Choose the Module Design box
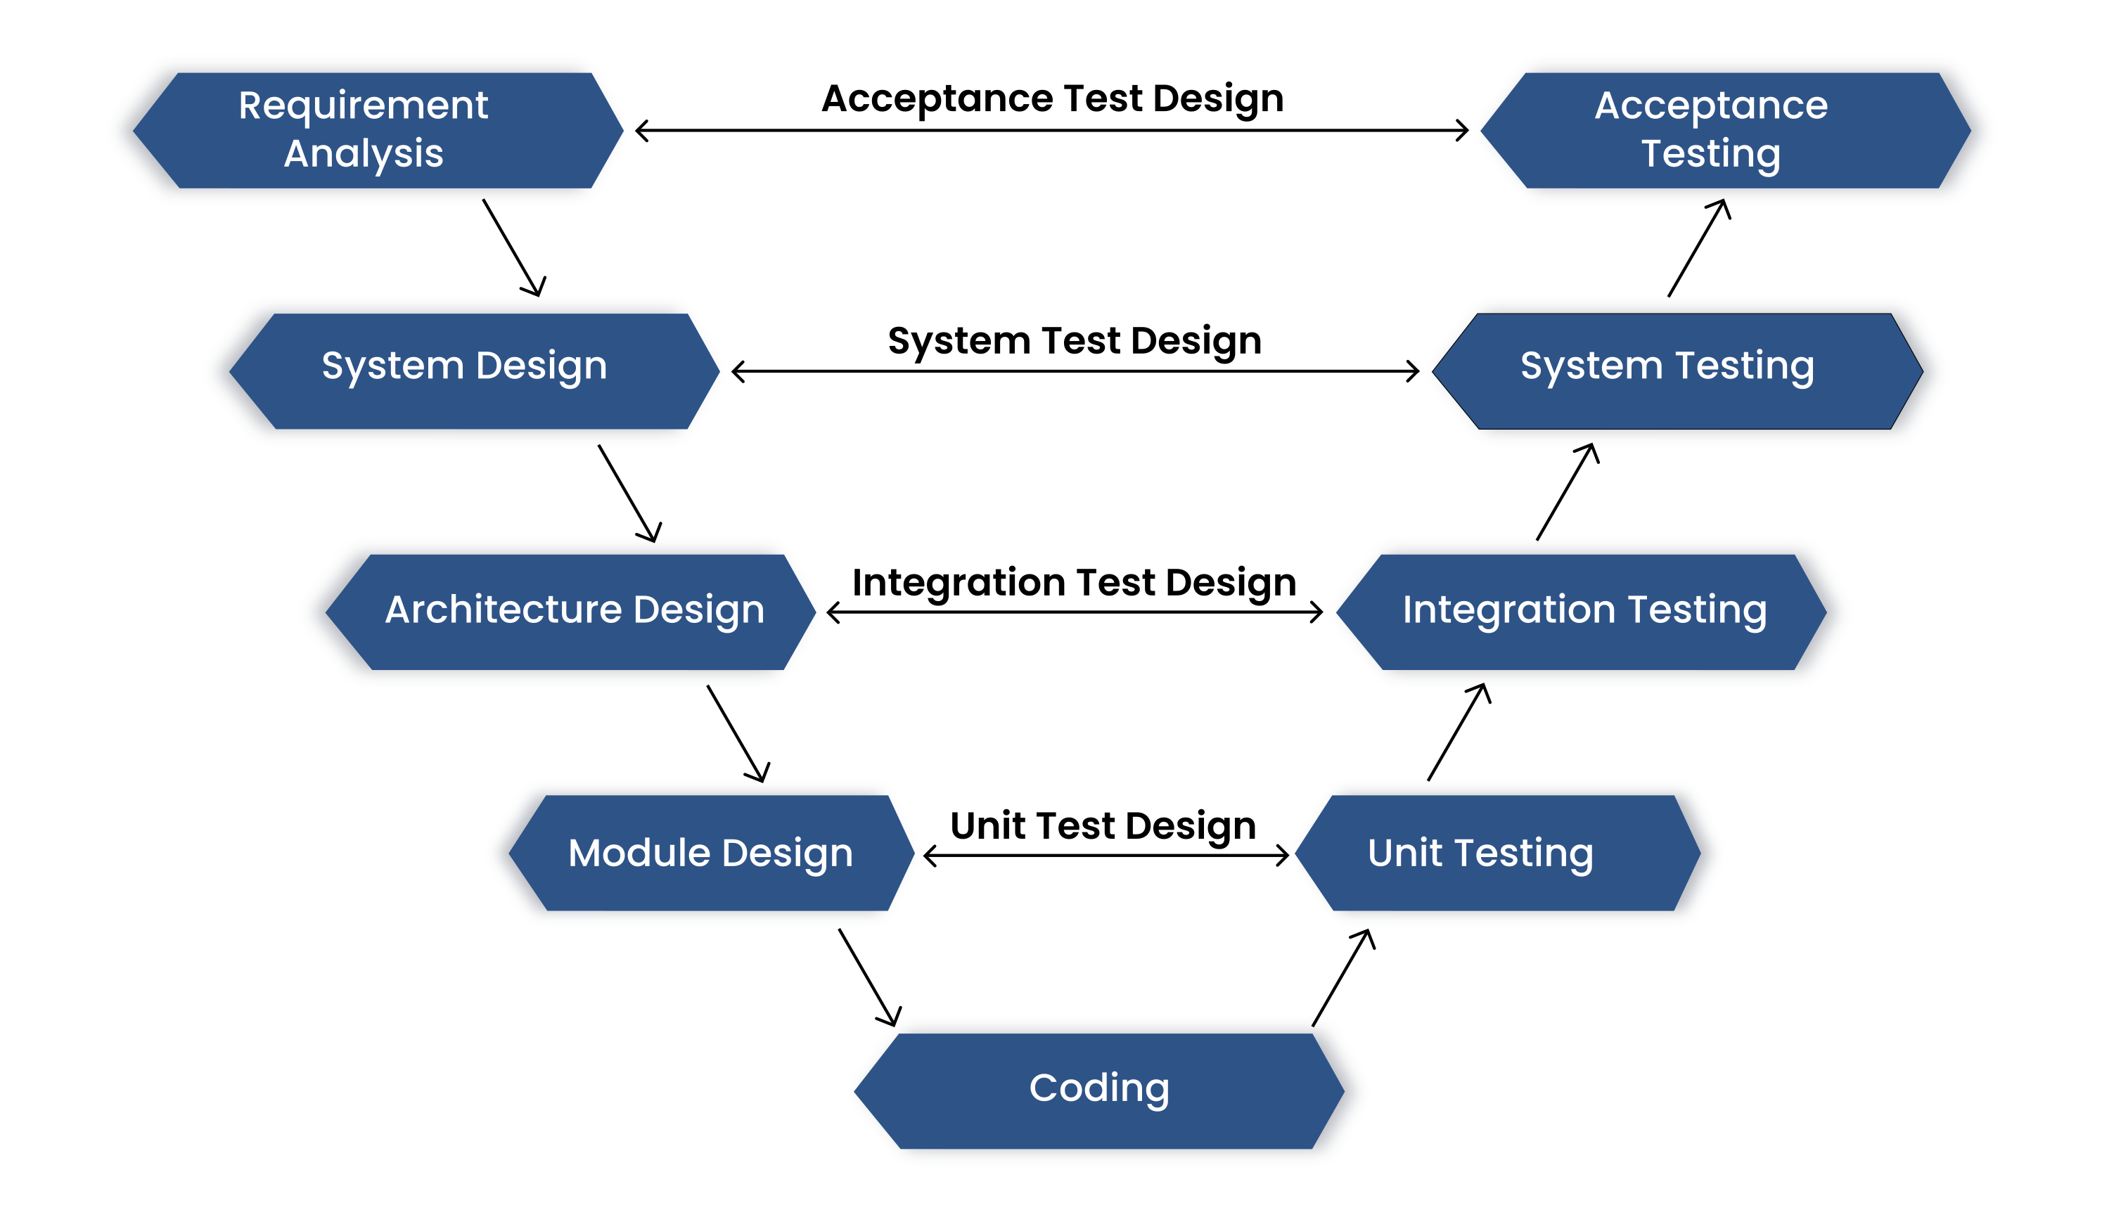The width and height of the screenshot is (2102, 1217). [711, 853]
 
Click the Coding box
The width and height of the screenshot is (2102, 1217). [1098, 1090]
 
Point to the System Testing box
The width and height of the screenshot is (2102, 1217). [1677, 371]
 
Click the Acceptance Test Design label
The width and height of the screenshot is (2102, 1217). [1052, 98]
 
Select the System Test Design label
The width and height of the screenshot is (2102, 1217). [1075, 340]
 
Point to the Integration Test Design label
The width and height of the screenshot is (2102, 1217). [1075, 581]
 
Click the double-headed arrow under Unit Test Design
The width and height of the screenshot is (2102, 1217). [1106, 856]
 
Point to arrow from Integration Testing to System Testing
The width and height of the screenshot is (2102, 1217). [1568, 491]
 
